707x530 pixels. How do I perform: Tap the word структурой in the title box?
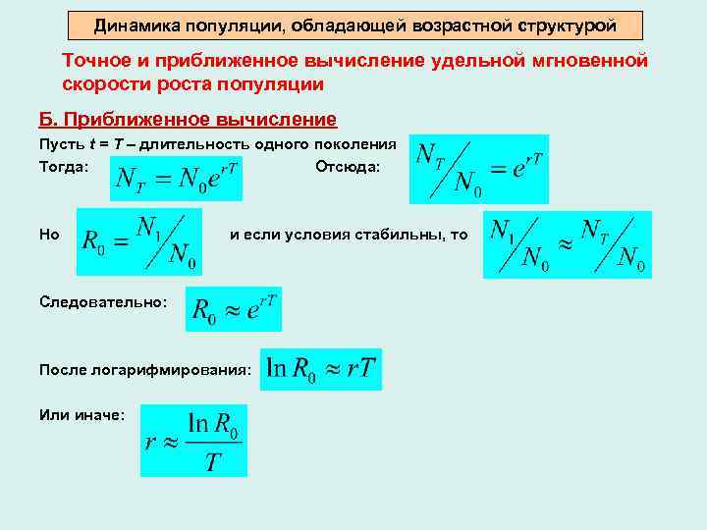click(x=571, y=25)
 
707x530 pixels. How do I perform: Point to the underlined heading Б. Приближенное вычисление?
click(x=188, y=120)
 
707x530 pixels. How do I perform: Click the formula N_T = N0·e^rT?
click(x=176, y=178)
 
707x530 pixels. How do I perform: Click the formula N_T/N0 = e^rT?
click(x=478, y=168)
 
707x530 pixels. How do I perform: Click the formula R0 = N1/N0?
click(x=139, y=240)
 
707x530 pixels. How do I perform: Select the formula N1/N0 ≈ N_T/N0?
click(x=567, y=244)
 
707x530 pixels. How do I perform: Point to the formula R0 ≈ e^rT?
click(x=234, y=309)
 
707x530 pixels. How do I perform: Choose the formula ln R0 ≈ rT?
click(x=320, y=369)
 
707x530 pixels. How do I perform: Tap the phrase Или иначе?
click(x=82, y=415)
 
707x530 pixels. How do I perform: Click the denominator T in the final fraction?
click(x=213, y=462)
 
